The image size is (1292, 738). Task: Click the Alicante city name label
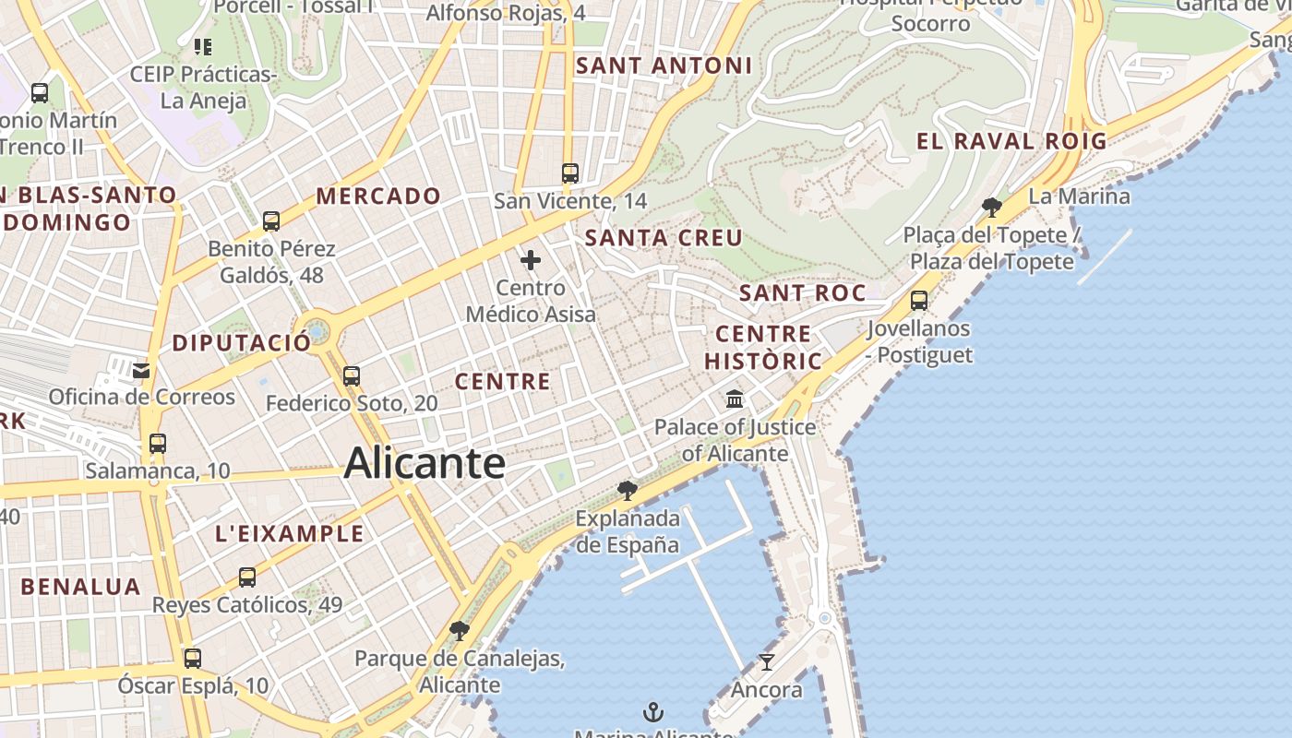point(425,463)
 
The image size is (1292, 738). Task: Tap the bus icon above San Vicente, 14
point(570,173)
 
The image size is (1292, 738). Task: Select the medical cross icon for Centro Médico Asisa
point(531,260)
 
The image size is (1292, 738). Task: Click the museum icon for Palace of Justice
point(736,399)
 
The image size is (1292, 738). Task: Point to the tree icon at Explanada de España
point(628,490)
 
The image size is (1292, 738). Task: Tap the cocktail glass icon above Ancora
point(766,661)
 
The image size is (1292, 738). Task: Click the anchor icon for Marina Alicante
point(653,711)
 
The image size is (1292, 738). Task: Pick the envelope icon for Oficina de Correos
point(141,370)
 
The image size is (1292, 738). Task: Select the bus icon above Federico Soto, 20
point(352,375)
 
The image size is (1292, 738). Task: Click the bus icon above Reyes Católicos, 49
point(247,577)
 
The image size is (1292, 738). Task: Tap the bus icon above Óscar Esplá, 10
point(193,659)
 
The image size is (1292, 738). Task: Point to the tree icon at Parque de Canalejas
point(459,631)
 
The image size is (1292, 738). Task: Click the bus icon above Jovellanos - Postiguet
point(919,300)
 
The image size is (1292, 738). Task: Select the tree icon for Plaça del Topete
point(992,207)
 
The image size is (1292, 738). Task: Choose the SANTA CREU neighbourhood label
point(664,238)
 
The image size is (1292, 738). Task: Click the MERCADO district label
point(378,196)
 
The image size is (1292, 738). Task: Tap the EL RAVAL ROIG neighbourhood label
point(1011,141)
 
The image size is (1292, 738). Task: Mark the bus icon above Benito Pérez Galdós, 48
point(271,221)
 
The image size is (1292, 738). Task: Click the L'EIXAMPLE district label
point(290,533)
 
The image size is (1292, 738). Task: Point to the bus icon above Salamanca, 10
point(158,443)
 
